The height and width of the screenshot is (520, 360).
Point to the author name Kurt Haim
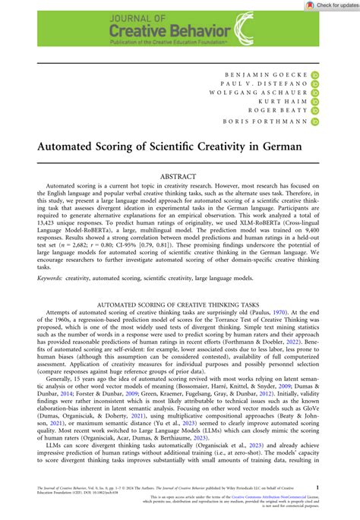(x=285, y=109)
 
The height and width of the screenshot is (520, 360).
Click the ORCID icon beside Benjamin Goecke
(x=314, y=76)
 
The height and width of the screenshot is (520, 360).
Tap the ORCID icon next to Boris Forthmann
(x=314, y=132)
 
